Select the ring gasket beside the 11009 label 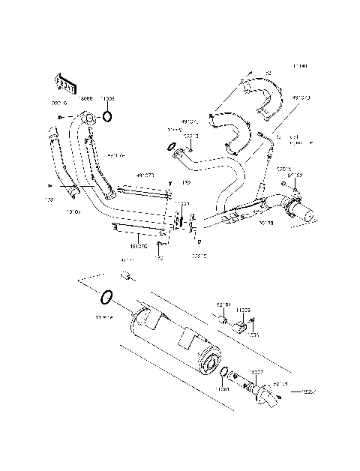pos(108,116)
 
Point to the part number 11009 pos(107,98)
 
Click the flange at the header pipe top pos(88,118)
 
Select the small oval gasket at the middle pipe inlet pos(171,145)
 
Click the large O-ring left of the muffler pos(106,298)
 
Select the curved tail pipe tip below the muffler pos(265,394)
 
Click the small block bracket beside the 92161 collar pos(242,327)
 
